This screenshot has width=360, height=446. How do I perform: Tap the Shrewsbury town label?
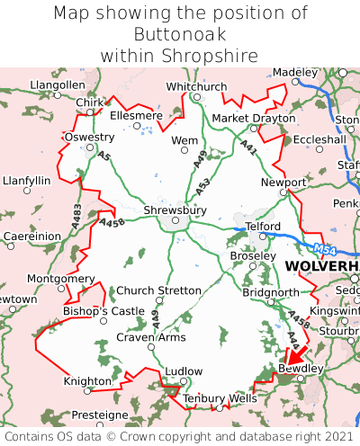coord(175,210)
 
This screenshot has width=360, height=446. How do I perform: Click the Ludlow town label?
coord(184,370)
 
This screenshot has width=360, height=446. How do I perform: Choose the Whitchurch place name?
coord(196,86)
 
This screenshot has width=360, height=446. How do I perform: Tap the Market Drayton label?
coord(253,118)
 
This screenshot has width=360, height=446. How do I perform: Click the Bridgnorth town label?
coord(270,293)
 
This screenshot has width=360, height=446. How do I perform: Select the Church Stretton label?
coord(159,290)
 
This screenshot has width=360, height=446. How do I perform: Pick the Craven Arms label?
coord(151,337)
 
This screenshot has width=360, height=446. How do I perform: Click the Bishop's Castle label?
coord(103,311)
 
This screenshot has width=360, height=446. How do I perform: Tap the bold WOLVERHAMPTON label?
coord(321,268)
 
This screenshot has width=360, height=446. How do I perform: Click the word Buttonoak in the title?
coord(179,34)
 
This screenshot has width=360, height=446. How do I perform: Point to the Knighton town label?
coord(87,382)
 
